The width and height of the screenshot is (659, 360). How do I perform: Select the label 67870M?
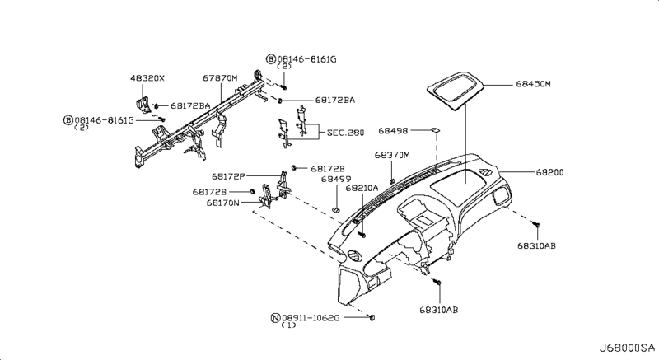tap(220, 78)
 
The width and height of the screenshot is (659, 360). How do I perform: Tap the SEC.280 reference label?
tap(345, 131)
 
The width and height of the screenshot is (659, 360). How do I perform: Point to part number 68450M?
tap(534, 84)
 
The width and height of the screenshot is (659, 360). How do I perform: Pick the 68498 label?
tap(394, 131)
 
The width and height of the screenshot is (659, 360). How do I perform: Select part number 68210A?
tap(362, 188)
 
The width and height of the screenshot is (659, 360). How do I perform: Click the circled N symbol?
tap(275, 316)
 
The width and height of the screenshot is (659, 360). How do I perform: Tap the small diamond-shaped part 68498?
tap(433, 129)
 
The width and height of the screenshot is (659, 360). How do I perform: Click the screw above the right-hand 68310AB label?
tap(535, 223)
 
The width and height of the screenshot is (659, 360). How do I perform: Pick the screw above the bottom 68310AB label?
tap(438, 283)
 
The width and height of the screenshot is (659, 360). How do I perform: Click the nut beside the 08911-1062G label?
tap(373, 316)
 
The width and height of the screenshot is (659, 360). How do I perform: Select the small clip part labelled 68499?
tap(336, 210)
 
